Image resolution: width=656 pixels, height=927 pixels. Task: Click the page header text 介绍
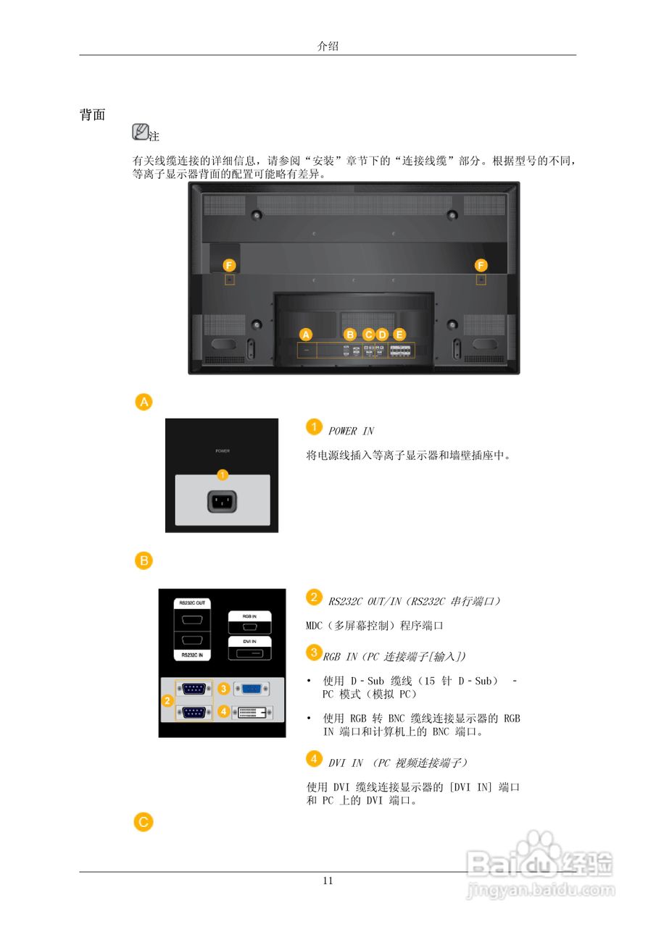coord(328,46)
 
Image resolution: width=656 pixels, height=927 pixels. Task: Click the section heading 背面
coord(93,115)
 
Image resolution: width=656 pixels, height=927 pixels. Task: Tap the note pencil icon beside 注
coord(140,132)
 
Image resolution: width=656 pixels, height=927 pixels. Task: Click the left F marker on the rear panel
coord(228,264)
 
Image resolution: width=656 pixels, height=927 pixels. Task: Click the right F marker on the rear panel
coord(481,264)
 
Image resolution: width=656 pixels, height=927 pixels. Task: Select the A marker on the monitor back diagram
coord(306,335)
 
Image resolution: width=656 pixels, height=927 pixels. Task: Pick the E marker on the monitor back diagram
coord(399,335)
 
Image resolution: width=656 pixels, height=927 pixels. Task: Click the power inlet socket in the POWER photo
coord(223,501)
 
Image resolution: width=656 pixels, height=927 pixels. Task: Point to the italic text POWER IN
coord(351,431)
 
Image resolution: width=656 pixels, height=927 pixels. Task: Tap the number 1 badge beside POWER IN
coord(313,427)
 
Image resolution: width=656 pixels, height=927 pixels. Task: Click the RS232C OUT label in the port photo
coord(192,603)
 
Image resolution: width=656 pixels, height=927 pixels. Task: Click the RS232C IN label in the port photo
coord(192,654)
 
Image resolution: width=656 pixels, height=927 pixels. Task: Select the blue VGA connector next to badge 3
coord(252,689)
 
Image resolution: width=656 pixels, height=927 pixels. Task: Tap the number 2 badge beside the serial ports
coord(167,700)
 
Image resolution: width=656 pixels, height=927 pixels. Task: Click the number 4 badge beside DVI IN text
coord(313,758)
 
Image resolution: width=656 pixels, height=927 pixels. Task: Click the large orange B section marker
coord(144,561)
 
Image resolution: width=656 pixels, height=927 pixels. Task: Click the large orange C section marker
coord(144,821)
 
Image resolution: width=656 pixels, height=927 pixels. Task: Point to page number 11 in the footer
coord(328,881)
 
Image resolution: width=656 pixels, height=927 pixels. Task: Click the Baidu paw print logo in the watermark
coord(539,845)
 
